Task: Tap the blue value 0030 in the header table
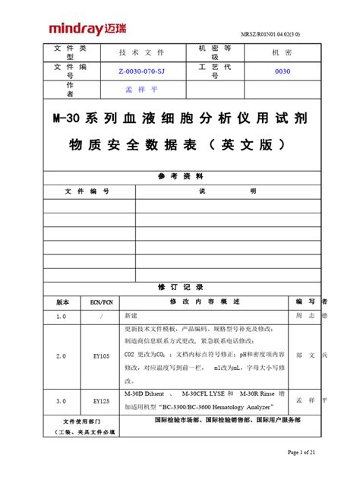click(x=283, y=71)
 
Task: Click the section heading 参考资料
click(x=180, y=175)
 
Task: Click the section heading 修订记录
click(x=180, y=287)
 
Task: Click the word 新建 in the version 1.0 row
click(x=131, y=314)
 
